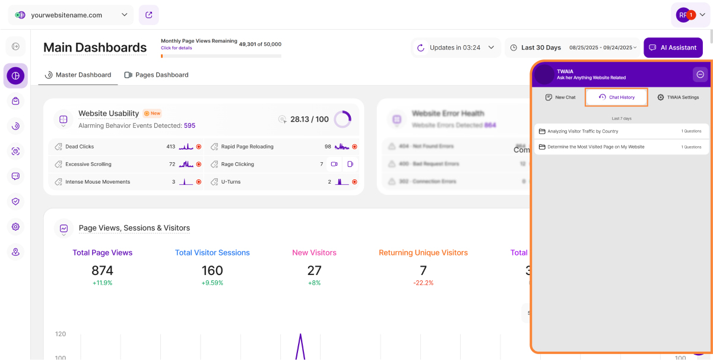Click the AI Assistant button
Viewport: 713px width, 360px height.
pyautogui.click(x=673, y=48)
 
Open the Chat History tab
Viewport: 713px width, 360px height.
pyautogui.click(x=616, y=97)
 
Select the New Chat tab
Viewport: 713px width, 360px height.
pyautogui.click(x=560, y=97)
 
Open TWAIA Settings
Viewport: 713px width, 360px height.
pyautogui.click(x=678, y=97)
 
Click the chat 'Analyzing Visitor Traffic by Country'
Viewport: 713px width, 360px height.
pyautogui.click(x=582, y=131)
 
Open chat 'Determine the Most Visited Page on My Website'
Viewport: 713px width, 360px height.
pyautogui.click(x=595, y=147)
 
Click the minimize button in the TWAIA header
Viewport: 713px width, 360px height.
pyautogui.click(x=700, y=74)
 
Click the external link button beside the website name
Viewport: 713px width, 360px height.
pyautogui.click(x=148, y=15)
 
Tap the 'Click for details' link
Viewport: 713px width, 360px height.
pyautogui.click(x=176, y=48)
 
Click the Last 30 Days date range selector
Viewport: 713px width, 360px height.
pyautogui.click(x=540, y=48)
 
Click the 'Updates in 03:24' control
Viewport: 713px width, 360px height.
pyautogui.click(x=455, y=48)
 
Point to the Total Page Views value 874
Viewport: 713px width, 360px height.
pyautogui.click(x=102, y=270)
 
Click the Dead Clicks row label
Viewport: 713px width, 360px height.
pyautogui.click(x=80, y=146)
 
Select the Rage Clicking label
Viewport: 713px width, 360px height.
pyautogui.click(x=237, y=164)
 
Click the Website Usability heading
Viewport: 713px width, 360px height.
pyautogui.click(x=109, y=113)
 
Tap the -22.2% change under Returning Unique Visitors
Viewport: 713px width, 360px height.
pyautogui.click(x=423, y=283)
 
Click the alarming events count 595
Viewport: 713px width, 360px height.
pyautogui.click(x=189, y=125)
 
